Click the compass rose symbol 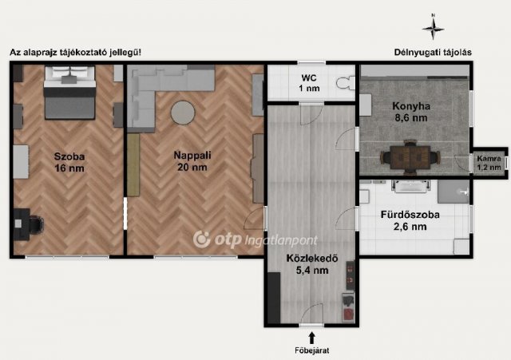click(433, 29)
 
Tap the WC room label click(309, 83)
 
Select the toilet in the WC click(346, 83)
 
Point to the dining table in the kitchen click(410, 157)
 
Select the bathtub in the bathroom click(410, 186)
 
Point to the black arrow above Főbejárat click(311, 338)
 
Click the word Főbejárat click(312, 350)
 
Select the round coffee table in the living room click(183, 113)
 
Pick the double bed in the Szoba click(69, 93)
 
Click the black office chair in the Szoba click(36, 224)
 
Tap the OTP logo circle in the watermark click(202, 239)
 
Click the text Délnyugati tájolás click(433, 52)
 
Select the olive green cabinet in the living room click(133, 165)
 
